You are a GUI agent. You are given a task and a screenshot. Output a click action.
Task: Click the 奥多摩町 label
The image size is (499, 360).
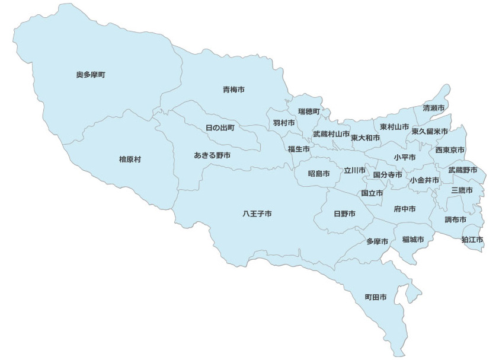coord(91,75)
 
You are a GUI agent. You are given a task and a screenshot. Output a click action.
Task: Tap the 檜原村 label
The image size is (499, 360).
coord(130,160)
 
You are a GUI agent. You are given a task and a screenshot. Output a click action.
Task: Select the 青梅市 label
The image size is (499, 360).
coord(233,90)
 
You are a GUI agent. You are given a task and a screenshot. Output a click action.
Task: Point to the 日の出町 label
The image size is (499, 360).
coord(220,128)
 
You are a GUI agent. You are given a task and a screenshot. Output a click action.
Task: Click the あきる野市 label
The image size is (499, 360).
coord(212,155)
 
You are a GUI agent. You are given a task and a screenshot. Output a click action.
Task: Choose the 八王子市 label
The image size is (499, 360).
coord(257,213)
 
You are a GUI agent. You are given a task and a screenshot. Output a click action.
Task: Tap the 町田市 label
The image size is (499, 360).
coord(376,297)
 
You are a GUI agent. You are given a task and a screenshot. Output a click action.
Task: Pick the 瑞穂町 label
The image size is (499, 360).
coord(309,111)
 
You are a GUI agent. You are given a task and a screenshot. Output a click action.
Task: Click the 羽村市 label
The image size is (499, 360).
coord(284,123)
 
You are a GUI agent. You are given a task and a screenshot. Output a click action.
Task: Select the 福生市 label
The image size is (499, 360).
coord(299,149)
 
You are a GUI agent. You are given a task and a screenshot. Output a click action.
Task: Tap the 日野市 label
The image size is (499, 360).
coord(344,214)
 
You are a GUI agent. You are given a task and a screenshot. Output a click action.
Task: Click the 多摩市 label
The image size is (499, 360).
coord(377,241)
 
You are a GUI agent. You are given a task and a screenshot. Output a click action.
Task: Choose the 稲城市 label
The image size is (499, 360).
coord(413,240)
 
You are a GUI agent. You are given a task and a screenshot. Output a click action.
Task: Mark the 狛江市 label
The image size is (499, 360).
coord(472,240)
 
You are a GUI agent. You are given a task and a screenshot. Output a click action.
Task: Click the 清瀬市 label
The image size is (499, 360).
coord(434,109)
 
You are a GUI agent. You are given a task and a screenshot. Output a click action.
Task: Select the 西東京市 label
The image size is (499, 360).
coord(450,150)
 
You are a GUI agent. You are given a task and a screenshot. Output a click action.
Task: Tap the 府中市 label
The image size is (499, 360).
coord(404,209)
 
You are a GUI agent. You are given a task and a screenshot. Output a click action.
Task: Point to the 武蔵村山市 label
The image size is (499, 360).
coord(331,134)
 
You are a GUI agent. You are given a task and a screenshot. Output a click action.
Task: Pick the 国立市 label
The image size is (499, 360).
coord(372,193)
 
